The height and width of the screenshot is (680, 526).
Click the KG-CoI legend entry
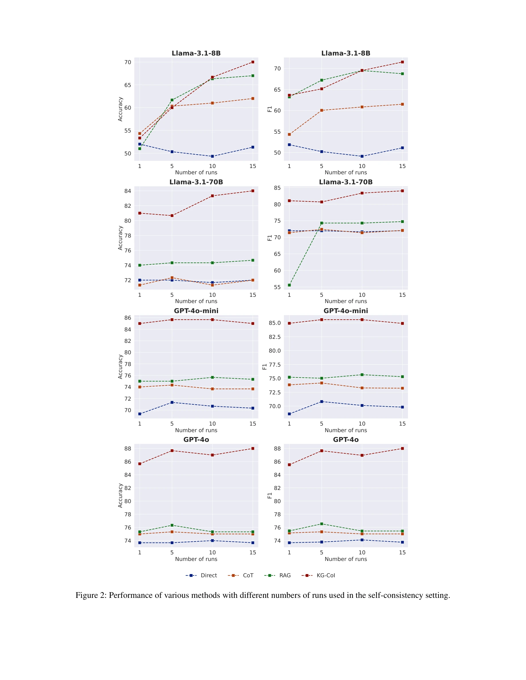pos(325,575)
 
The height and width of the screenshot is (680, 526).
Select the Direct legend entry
pos(209,575)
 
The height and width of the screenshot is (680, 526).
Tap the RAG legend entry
pos(284,575)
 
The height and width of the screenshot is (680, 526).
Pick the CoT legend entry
pos(248,575)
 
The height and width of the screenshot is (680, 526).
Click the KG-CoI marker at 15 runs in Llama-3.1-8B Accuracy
pos(253,62)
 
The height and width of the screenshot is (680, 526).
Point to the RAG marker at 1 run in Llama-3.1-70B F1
pos(289,285)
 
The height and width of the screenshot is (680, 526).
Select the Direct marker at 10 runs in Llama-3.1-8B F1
pos(362,156)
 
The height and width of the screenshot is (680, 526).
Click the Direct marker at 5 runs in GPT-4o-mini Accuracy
pos(172,402)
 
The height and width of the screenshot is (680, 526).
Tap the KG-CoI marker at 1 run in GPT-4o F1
pos(289,464)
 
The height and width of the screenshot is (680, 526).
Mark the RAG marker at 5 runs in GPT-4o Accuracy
pos(172,525)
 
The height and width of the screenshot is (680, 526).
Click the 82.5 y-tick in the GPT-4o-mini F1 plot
pos(274,337)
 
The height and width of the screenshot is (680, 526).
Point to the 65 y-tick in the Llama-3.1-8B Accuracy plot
pos(127,85)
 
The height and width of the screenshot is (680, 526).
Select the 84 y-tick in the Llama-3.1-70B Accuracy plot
pos(127,191)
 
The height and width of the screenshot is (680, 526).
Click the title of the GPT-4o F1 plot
pos(346,439)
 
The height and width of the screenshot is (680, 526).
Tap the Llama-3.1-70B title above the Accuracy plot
pos(196,182)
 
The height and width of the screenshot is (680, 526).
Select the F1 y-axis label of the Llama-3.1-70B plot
pos(270,238)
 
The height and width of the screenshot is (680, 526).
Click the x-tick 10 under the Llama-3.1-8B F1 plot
pos(362,166)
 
